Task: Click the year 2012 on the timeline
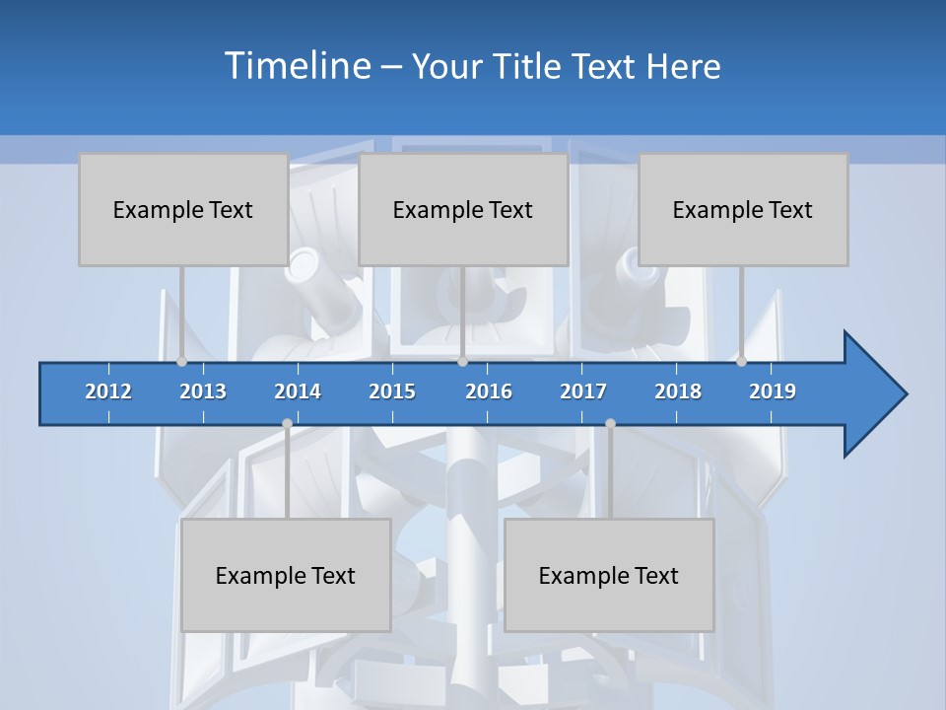108,391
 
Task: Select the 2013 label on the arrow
203,391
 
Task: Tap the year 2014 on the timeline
298,391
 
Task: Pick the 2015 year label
392,391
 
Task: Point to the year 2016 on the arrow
489,391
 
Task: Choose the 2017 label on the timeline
583,391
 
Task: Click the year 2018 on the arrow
678,391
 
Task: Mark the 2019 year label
773,391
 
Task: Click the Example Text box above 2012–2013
182,209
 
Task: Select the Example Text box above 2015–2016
463,209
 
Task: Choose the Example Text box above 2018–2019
743,209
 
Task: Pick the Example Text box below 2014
286,575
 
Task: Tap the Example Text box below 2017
609,575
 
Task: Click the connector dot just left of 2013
181,362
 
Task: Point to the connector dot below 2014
287,424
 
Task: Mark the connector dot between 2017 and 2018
610,424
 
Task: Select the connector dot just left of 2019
741,362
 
